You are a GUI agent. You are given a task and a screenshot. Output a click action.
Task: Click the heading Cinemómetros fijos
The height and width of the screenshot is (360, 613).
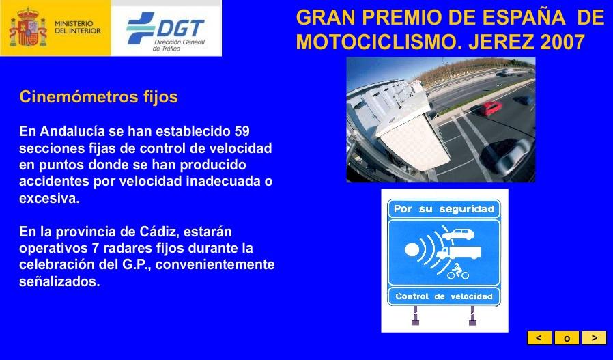[98, 97]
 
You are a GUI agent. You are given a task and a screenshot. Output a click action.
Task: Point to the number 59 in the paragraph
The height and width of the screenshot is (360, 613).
[242, 130]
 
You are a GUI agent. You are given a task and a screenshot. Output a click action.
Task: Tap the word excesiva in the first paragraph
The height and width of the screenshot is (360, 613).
[49, 199]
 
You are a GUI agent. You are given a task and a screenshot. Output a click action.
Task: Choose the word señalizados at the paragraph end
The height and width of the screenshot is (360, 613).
[59, 281]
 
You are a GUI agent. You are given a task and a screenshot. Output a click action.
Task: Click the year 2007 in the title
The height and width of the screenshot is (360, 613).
[562, 42]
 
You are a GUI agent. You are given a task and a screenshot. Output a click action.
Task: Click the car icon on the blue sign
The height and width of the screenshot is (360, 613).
[455, 236]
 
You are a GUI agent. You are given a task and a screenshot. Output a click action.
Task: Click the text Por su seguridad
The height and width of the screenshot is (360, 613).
[444, 209]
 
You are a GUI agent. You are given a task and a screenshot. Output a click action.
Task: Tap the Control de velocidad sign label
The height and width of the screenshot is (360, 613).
[444, 296]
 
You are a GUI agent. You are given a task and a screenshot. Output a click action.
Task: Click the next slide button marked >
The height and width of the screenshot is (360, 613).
[594, 338]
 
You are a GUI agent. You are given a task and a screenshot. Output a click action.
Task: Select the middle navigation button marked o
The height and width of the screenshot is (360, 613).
[567, 338]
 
